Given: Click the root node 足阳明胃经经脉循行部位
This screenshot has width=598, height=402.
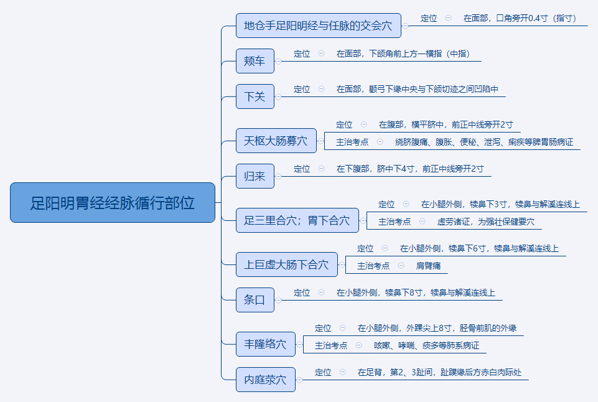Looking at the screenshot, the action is tap(113, 202).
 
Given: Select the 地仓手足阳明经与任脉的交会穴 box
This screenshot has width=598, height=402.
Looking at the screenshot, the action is tap(319, 26).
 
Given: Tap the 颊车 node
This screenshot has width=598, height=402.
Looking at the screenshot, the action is tap(255, 61).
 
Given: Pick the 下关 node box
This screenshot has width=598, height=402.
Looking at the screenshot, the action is tap(255, 96).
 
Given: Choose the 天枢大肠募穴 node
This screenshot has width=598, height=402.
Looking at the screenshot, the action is tap(276, 141).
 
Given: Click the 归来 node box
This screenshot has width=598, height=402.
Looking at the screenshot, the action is tap(255, 176).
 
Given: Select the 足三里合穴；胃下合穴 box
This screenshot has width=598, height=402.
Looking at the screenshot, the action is tap(297, 220).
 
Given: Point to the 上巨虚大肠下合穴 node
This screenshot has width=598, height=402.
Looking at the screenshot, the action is tap(287, 264).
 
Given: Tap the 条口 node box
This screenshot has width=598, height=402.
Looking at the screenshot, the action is tap(255, 300).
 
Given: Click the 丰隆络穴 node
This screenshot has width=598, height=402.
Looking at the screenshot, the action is tap(266, 344).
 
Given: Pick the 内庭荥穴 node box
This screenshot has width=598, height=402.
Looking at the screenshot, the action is tap(266, 380).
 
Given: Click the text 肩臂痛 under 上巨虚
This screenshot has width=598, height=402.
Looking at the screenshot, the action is tap(428, 266).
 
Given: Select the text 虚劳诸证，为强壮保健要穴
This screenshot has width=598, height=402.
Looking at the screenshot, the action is tap(486, 222).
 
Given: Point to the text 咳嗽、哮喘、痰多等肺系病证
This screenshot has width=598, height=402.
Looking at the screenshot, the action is tap(426, 345).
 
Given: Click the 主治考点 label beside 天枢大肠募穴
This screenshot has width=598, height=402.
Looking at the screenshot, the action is tap(352, 143).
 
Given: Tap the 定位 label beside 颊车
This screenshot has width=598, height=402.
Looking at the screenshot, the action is tap(302, 54).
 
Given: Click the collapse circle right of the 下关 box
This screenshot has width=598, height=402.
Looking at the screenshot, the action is tap(278, 97).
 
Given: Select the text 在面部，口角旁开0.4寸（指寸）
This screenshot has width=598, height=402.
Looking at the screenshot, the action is tap(520, 18).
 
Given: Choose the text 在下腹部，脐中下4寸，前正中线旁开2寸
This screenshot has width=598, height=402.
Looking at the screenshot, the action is tap(410, 169).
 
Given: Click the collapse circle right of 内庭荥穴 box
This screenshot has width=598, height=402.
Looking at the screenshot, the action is tap(300, 380).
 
